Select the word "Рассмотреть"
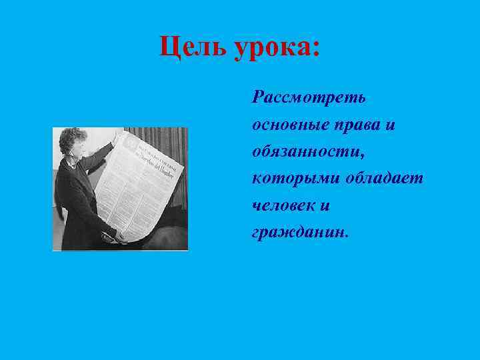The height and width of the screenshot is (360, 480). pos(309,97)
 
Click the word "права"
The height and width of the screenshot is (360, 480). pos(363,125)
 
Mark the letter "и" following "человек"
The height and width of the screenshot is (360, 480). pos(325,207)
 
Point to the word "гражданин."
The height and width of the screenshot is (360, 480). pos(300,234)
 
